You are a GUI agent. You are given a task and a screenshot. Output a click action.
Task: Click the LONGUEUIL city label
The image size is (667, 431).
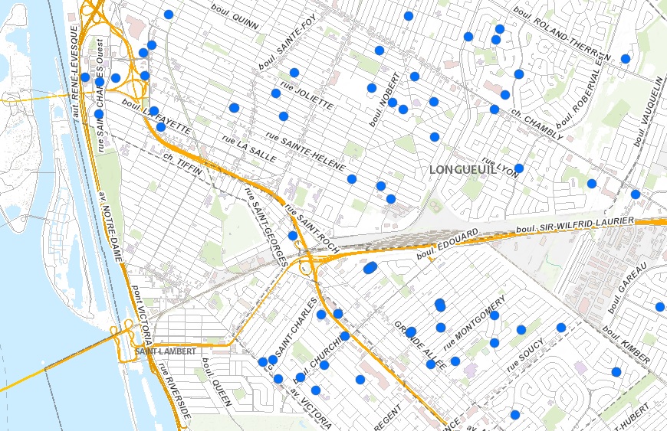coord(463,169)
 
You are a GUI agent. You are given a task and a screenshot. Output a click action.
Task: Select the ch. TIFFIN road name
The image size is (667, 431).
coord(182,165)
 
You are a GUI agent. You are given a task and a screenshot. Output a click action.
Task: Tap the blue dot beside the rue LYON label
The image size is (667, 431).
coord(519,168)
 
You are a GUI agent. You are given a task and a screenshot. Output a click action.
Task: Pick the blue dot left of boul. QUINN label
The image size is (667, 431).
coord(169,15)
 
